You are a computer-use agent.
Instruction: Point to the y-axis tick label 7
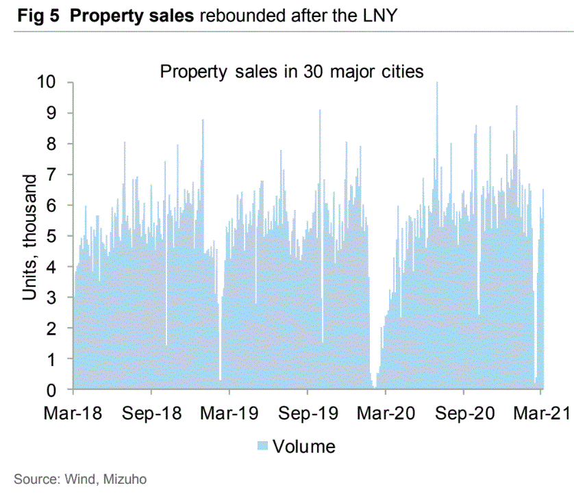pos(58,174)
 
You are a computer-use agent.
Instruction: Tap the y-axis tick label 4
pos(58,267)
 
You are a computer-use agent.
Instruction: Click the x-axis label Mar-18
pos(73,414)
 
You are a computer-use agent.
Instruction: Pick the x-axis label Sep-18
pos(151,414)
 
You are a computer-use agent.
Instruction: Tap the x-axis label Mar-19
pos(229,414)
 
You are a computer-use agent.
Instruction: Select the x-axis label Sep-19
pos(307,414)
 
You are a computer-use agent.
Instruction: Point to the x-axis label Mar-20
pos(386,414)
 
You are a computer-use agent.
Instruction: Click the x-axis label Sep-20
pos(464,414)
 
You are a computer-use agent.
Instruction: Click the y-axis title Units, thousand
pos(31,237)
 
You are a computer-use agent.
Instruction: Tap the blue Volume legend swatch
pos(261,447)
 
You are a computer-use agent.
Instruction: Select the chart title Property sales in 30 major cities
pos(292,71)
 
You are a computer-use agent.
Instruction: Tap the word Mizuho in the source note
pos(125,479)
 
